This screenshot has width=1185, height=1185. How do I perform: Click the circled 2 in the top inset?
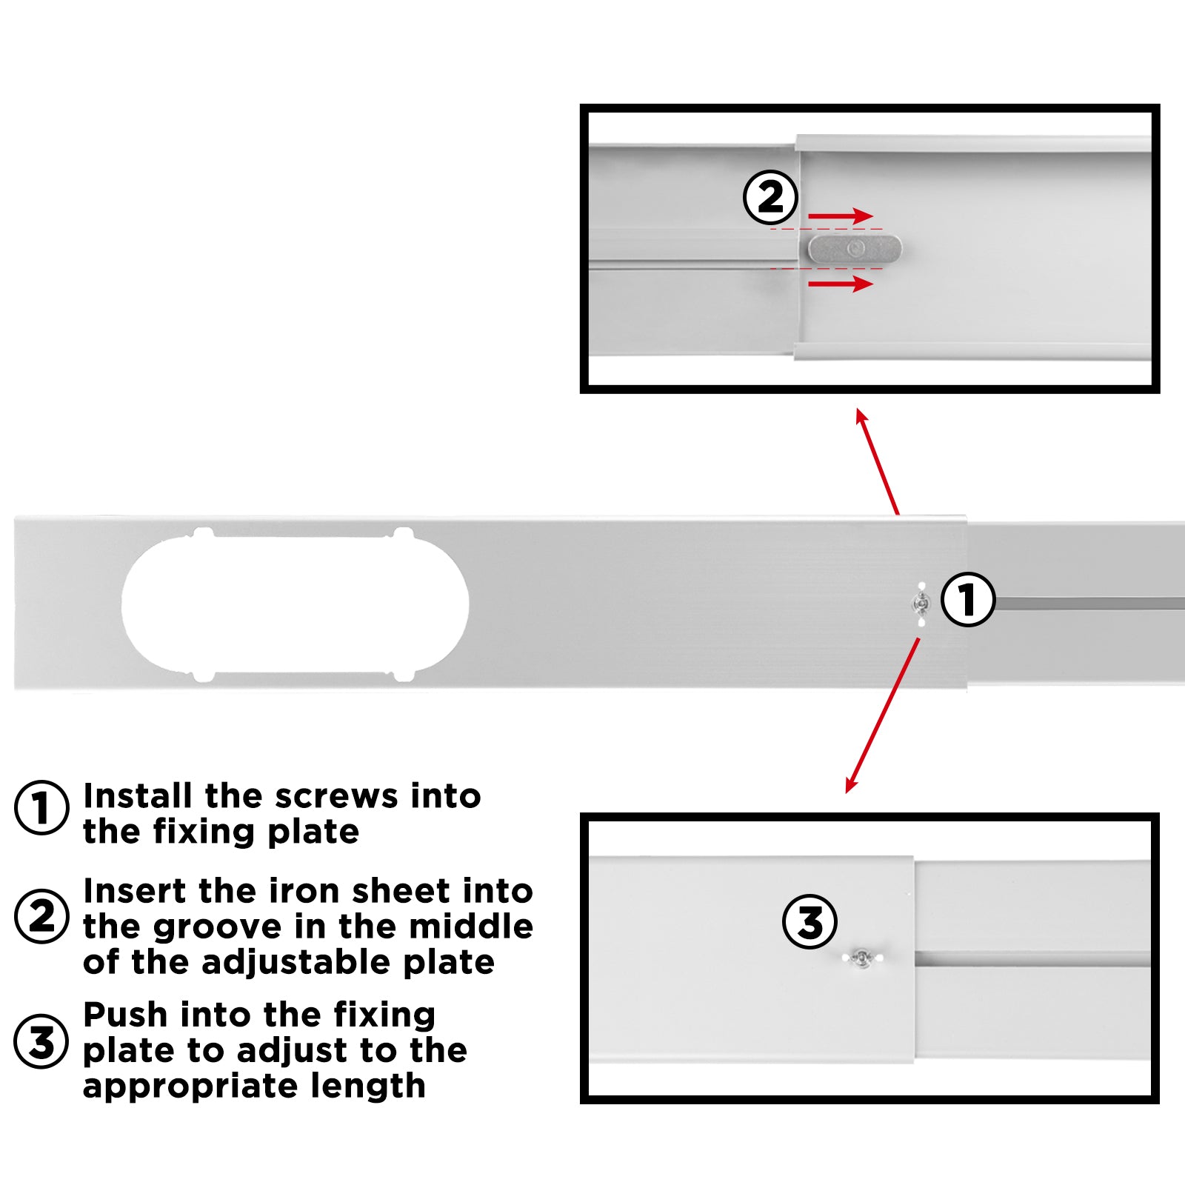pos(771,198)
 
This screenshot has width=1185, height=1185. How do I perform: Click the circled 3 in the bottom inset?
pos(810,922)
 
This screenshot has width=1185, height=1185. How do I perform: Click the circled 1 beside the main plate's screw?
pos(968,599)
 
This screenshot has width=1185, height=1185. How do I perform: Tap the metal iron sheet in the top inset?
pos(855,249)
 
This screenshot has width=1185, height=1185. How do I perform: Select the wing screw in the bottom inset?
pos(861,958)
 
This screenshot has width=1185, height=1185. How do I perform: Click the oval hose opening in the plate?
pos(295,604)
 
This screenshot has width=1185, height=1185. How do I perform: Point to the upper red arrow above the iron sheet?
pos(840,216)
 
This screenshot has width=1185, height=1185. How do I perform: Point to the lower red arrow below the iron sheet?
pos(840,284)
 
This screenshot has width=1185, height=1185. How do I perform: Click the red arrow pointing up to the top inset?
pos(877,461)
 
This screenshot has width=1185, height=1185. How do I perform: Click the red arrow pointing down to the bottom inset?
pos(883,715)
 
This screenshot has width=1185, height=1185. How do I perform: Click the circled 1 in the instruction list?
pos(42,808)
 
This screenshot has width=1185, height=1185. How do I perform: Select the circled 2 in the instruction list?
pos(42,916)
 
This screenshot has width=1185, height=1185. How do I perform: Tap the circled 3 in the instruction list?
pos(42,1041)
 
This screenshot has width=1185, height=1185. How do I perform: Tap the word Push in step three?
pos(125,1015)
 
